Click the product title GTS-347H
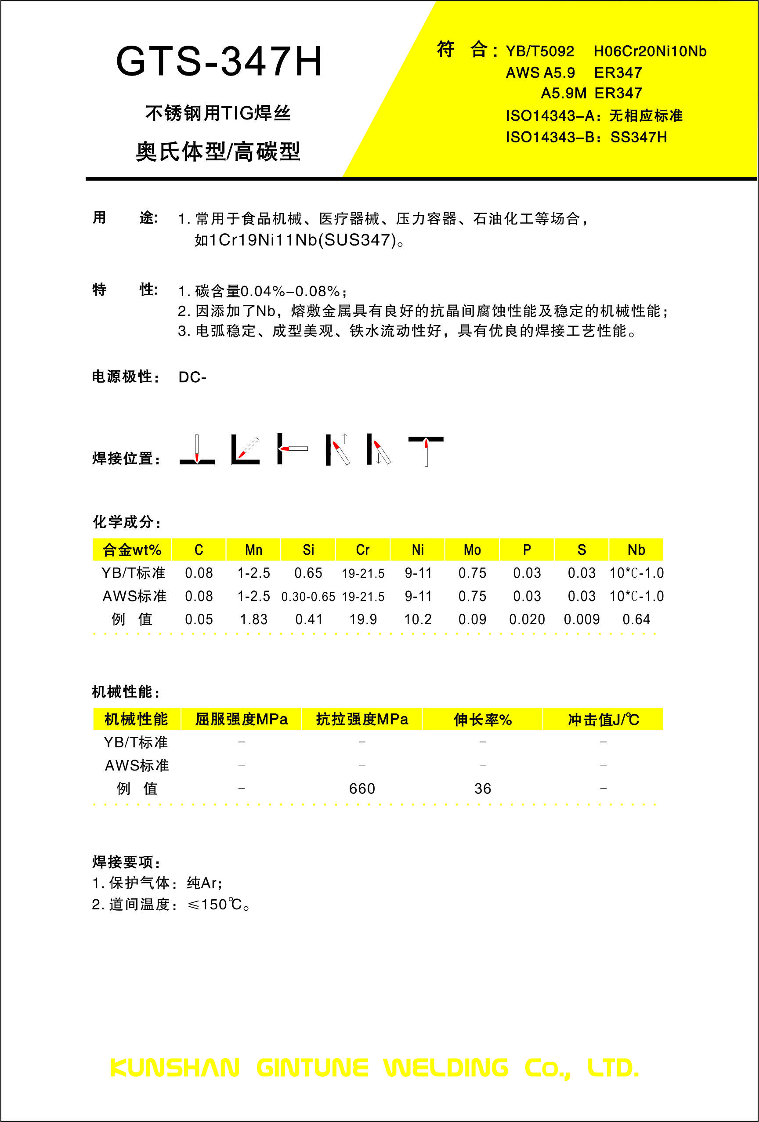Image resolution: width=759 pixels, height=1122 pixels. pos(219,62)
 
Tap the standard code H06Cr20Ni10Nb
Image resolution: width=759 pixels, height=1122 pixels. pos(650,51)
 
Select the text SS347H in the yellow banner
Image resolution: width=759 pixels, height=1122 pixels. pos(638,138)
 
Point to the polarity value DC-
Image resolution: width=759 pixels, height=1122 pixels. pos(192,377)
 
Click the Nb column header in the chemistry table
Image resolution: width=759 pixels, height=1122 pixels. pos(636,550)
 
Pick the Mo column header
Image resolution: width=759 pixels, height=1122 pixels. pos(472,550)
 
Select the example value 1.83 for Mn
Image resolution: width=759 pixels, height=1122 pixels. pos(253,619)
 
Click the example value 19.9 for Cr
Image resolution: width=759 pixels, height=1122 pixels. pos(363,619)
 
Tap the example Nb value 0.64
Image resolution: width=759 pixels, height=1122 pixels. pos(636,619)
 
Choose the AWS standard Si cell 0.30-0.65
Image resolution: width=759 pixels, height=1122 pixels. pos(308,597)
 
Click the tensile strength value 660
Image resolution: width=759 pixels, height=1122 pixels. pos(362,789)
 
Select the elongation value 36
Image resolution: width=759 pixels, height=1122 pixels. pos(482,789)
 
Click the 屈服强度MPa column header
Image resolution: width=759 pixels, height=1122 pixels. pos(242,719)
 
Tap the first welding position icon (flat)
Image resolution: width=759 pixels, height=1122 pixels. pos(197,450)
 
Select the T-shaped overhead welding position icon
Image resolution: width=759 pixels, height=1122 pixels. pos(426,450)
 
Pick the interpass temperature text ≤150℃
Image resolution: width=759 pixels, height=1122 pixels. pos(214,904)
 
